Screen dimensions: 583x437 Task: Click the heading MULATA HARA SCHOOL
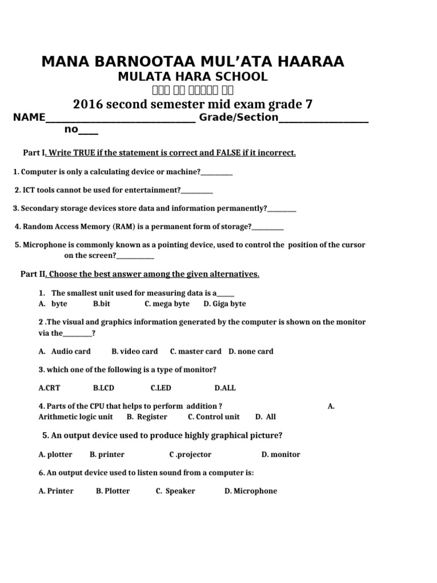(x=192, y=77)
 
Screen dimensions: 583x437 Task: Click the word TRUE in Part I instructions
(x=83, y=153)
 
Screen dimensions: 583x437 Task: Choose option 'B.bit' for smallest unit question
(x=101, y=304)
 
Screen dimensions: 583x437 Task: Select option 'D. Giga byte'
(x=225, y=304)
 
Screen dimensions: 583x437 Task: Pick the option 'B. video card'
(x=135, y=351)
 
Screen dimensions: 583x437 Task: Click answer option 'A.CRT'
(x=49, y=388)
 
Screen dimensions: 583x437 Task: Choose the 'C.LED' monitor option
(x=160, y=388)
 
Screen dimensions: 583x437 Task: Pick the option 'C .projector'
(x=190, y=454)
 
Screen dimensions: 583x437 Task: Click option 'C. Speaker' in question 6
(x=175, y=491)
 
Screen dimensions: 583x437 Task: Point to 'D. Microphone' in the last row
(x=250, y=491)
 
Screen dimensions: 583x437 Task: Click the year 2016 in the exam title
(x=88, y=104)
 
